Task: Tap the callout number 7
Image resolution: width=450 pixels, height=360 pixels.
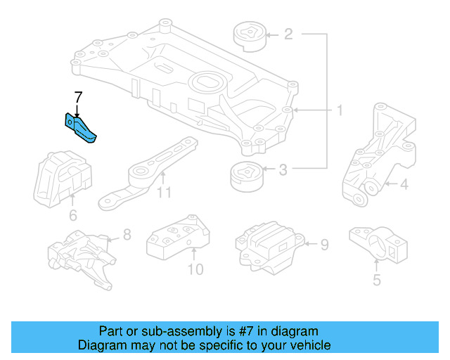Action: pos(79,96)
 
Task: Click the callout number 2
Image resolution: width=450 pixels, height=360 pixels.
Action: pos(288,33)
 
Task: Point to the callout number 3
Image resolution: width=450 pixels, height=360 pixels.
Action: pos(283,169)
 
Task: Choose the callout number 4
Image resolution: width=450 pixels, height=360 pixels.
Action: pos(404,186)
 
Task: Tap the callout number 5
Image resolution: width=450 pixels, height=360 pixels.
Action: pos(377,281)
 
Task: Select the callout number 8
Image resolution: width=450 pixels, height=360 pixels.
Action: pos(127,235)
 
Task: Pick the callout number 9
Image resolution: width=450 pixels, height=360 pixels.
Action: pos(324,245)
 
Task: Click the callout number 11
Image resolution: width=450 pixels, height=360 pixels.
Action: pos(164,192)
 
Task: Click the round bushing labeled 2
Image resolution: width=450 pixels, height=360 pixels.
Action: pos(249,36)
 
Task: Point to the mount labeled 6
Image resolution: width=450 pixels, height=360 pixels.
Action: pos(61,179)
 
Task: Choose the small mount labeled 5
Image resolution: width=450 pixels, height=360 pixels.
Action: pos(378,243)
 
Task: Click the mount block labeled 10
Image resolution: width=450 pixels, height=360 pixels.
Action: pos(177,238)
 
